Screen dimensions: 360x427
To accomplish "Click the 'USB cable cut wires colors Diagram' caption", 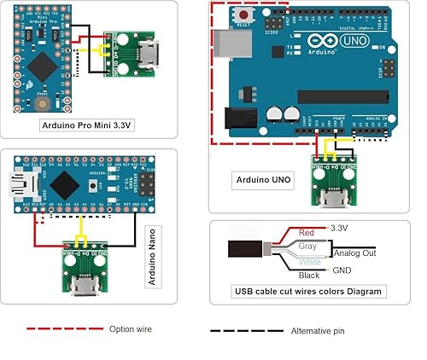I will [309, 291].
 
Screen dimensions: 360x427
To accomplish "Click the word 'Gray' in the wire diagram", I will [308, 246].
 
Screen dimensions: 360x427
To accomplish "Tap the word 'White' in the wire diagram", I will [308, 262].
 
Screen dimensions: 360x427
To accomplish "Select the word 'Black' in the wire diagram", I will [308, 276].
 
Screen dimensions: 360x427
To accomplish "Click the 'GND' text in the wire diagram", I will [340, 270].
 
